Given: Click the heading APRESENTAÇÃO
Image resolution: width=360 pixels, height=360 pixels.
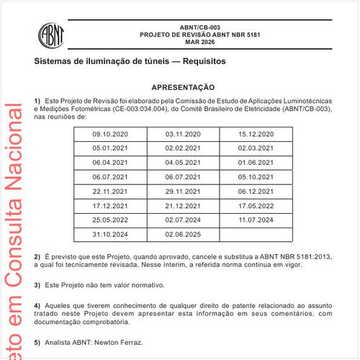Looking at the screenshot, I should coord(183,86).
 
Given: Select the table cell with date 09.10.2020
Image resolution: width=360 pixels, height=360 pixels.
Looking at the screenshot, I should coord(110,134).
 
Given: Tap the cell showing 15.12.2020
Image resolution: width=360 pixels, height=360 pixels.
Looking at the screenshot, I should coord(256,134).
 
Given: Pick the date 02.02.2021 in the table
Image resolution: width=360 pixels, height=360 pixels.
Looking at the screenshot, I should coord(183,148).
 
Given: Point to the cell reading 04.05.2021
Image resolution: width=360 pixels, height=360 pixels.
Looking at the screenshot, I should coord(183,162).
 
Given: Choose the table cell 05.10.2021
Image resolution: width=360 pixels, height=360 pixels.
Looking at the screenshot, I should coord(256,176).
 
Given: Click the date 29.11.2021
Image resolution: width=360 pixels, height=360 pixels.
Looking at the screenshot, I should coord(183,191).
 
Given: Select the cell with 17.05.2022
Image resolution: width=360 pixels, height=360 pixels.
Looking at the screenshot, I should coord(256,205).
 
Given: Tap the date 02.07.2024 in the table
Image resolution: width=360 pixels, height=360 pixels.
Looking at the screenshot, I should coord(183,220).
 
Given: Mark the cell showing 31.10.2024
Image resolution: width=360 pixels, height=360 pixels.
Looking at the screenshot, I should coord(110,234).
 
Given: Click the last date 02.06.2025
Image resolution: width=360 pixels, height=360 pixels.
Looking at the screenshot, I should coord(183,234).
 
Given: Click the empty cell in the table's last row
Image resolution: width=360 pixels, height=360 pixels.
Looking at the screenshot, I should coord(256,234).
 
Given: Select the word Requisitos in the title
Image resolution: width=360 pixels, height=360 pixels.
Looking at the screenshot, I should coord(203,62).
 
